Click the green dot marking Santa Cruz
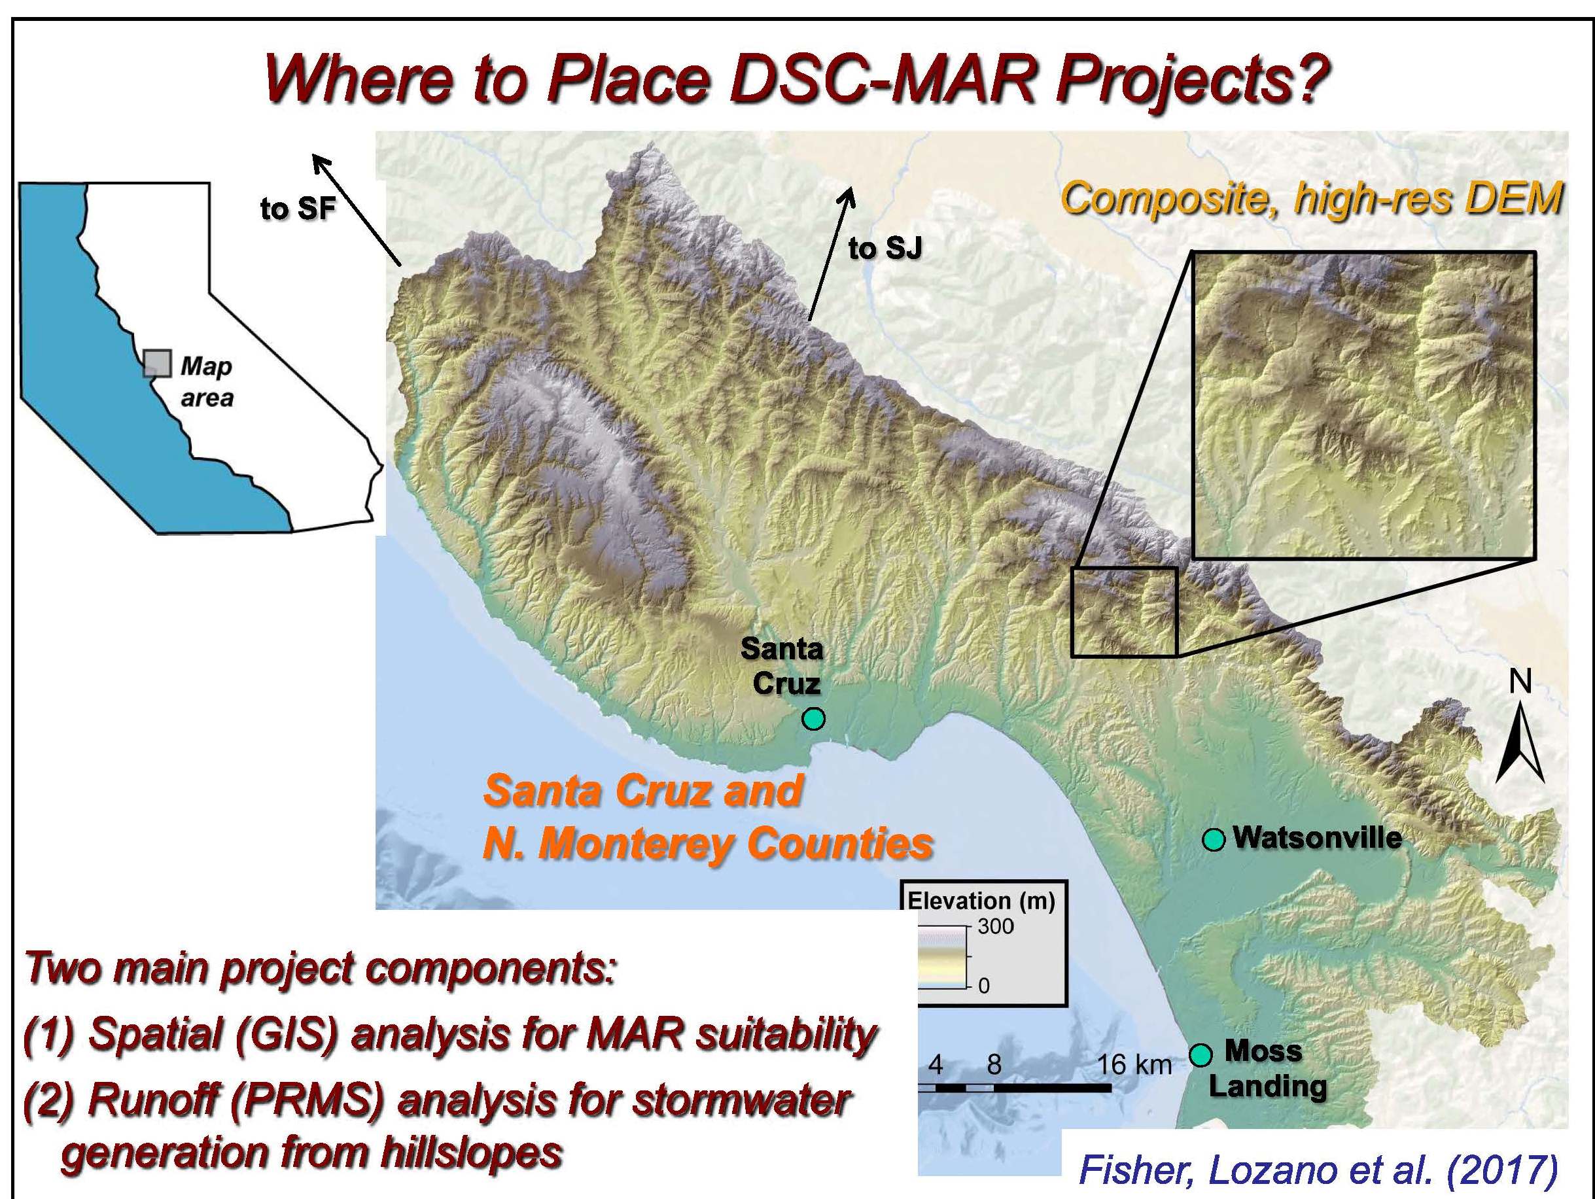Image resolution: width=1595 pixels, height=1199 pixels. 813,719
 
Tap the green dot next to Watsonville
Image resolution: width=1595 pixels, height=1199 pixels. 1214,840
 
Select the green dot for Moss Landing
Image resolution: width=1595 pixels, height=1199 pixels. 1200,1056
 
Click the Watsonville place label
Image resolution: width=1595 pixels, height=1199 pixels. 1318,839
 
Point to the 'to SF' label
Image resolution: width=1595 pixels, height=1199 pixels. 298,209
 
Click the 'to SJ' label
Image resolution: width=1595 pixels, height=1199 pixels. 885,249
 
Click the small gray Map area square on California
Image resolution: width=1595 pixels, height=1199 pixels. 157,364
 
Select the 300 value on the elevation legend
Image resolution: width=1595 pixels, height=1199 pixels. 995,926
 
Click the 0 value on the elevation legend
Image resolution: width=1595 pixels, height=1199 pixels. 984,986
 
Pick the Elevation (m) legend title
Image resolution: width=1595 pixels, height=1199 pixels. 981,901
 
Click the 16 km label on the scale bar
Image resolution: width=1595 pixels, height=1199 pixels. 1134,1065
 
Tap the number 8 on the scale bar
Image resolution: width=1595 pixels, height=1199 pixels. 994,1065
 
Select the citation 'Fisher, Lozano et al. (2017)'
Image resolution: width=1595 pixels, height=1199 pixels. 1318,1170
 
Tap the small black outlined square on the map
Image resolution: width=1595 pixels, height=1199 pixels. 1124,612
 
